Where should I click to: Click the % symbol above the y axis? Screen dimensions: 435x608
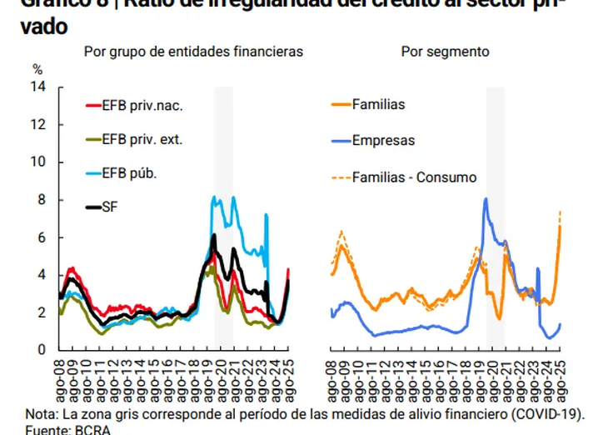37,69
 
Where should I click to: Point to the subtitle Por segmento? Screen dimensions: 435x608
445,52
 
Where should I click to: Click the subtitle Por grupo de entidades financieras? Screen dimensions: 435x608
193,52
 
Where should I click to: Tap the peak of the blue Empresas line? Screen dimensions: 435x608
486,199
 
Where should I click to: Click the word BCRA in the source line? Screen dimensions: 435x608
92,430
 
